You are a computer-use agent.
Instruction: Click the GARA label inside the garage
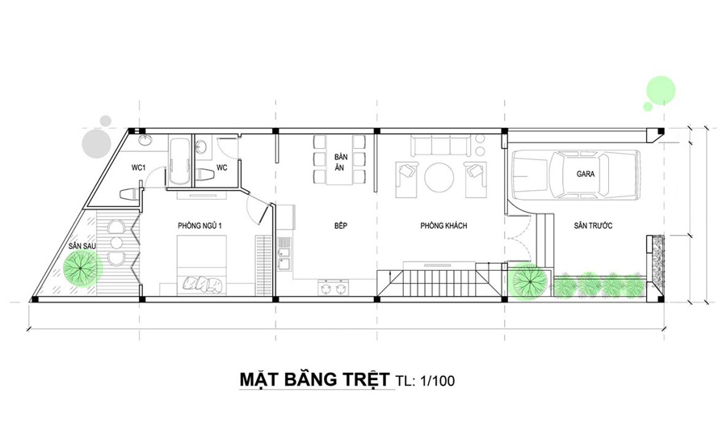point(585,173)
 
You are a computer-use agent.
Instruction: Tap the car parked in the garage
point(574,175)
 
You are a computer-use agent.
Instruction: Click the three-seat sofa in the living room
point(442,146)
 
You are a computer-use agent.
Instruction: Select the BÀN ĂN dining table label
point(340,164)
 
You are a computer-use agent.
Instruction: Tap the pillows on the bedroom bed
point(203,283)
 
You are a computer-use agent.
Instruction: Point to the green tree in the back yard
point(82,267)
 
